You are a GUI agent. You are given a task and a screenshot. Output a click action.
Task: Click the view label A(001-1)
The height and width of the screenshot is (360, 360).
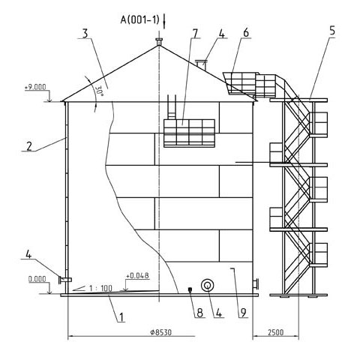tap(139, 19)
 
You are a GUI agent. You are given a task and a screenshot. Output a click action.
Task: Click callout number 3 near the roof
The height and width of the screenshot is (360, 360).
tap(85, 34)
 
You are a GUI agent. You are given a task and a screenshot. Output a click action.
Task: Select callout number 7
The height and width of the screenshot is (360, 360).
tap(195, 34)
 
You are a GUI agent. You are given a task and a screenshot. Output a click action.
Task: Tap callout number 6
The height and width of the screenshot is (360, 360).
tap(246, 33)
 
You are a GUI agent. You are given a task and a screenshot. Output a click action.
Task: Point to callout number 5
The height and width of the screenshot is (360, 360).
tap(332, 31)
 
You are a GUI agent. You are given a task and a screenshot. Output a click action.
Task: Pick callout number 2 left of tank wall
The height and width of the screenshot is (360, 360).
tap(29, 146)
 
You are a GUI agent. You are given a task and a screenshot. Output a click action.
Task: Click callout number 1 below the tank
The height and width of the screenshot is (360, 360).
tap(121, 317)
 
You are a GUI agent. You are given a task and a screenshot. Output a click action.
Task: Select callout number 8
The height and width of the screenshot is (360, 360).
tap(200, 313)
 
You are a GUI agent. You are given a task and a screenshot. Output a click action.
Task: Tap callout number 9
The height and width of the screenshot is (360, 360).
tap(243, 313)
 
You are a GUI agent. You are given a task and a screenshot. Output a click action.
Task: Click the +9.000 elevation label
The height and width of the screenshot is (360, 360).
tap(35, 87)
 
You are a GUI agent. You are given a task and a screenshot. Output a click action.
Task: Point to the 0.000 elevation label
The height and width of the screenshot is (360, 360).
tap(37, 279)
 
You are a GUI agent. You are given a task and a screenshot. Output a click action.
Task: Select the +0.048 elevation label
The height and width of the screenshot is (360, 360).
tap(137, 275)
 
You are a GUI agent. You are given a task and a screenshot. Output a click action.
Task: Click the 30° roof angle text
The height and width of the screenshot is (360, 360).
tap(100, 91)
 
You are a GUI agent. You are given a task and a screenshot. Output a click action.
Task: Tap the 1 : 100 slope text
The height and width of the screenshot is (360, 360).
tap(100, 289)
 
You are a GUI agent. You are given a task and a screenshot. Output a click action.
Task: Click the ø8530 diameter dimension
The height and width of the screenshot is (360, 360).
tap(161, 332)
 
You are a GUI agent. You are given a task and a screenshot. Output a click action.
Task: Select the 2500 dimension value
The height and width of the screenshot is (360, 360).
tap(276, 332)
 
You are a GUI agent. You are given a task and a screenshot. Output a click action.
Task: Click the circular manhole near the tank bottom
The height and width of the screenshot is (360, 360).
tap(208, 285)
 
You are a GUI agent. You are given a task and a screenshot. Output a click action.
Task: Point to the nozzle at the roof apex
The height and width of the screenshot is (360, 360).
tap(159, 41)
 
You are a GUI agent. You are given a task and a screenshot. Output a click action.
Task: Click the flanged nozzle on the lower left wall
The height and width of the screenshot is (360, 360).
tap(65, 280)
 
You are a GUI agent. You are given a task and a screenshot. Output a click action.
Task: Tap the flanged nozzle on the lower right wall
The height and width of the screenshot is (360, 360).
tap(256, 284)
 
